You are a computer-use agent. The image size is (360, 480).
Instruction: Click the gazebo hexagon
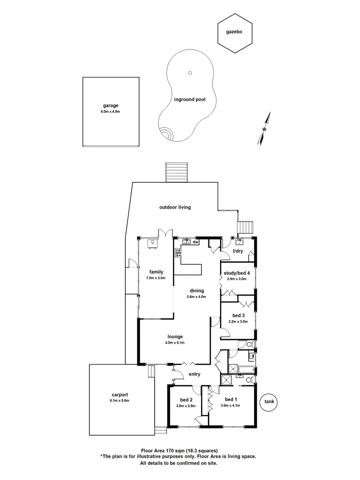[235, 32]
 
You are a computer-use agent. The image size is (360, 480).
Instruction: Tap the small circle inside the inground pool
[190, 73]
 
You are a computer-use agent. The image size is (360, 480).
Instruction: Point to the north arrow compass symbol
[265, 128]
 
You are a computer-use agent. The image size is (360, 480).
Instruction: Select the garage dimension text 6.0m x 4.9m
[110, 112]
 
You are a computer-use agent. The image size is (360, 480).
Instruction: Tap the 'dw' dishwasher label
[195, 242]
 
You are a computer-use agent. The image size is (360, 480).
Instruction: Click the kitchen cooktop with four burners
[178, 252]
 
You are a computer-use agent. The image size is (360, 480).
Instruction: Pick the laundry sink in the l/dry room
[240, 242]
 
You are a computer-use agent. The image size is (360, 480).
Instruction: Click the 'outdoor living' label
[175, 207]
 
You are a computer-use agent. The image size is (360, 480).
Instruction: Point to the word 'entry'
[194, 374]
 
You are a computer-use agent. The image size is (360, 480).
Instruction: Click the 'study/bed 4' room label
[237, 273]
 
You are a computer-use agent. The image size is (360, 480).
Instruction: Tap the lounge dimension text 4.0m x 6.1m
[175, 343]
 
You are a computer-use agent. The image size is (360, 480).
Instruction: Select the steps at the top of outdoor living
[177, 172]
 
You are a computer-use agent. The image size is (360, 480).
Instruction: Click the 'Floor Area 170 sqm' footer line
[179, 451]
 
